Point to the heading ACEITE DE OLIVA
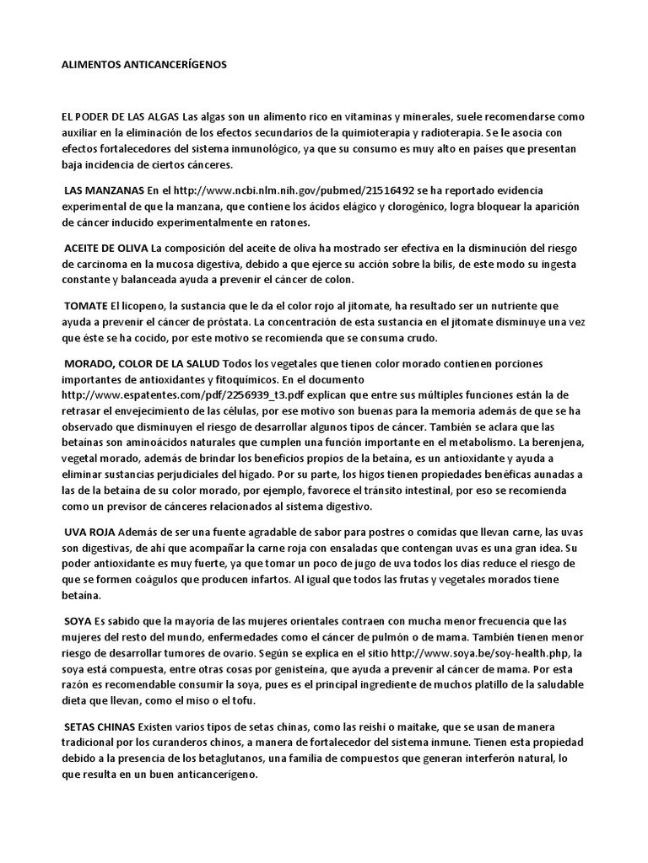click(x=106, y=249)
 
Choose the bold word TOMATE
click(x=87, y=306)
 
